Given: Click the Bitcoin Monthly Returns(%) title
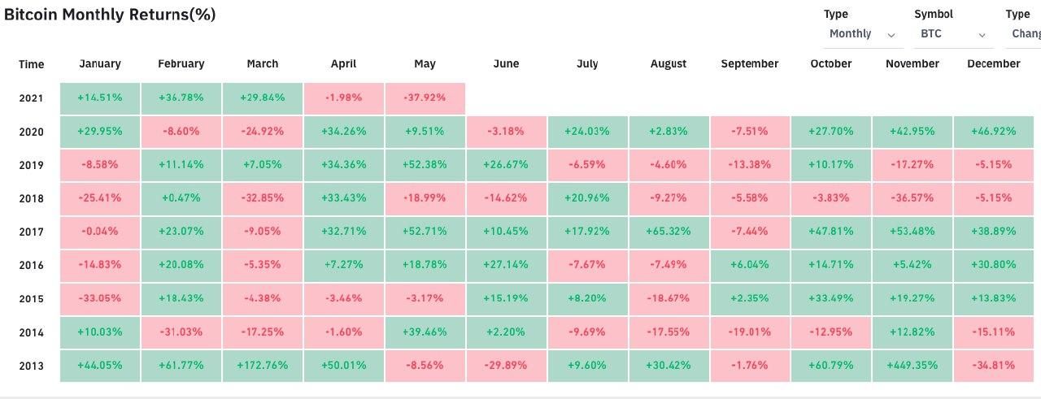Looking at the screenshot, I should pyautogui.click(x=110, y=15).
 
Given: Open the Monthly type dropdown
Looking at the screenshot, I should pyautogui.click(x=862, y=34).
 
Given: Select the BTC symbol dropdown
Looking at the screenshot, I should pyautogui.click(x=953, y=34).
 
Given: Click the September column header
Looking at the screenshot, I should pyautogui.click(x=749, y=64).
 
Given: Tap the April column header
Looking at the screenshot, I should pyautogui.click(x=343, y=64).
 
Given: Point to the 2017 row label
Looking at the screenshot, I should pyautogui.click(x=31, y=232).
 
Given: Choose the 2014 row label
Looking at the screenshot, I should pyautogui.click(x=31, y=332).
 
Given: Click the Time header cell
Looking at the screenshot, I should pyautogui.click(x=31, y=64).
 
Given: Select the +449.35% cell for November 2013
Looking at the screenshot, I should pyautogui.click(x=912, y=366).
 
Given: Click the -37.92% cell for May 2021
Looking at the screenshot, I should pyautogui.click(x=425, y=98).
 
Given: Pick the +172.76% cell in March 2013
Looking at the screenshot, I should pyautogui.click(x=262, y=366).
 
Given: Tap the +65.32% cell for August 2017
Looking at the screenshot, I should pyautogui.click(x=668, y=232).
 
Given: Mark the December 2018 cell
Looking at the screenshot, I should pyautogui.click(x=993, y=198).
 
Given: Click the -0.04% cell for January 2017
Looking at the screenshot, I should pyautogui.click(x=99, y=232).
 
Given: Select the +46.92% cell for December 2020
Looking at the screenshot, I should pyautogui.click(x=993, y=132).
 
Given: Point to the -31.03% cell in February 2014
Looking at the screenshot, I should pyautogui.click(x=181, y=332).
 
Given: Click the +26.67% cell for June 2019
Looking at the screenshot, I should pyautogui.click(x=506, y=165).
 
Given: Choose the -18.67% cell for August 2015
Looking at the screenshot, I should pyautogui.click(x=668, y=299).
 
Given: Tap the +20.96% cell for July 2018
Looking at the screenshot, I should pyautogui.click(x=586, y=198).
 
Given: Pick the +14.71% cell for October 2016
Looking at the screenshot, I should pyautogui.click(x=830, y=265).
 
